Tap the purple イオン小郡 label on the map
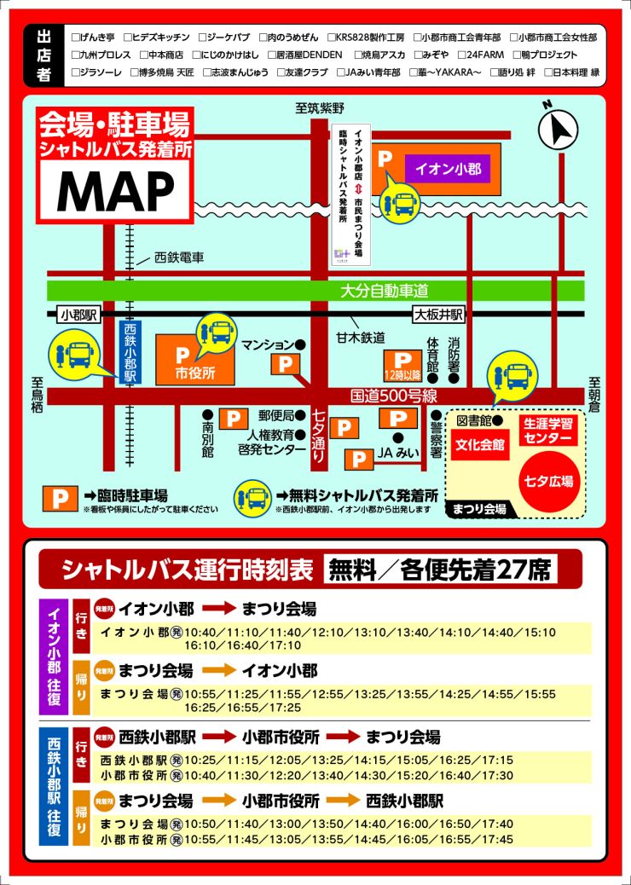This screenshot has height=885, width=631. (x=448, y=168)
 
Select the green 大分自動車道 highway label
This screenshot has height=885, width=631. (x=384, y=292)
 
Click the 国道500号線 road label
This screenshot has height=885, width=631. (x=394, y=396)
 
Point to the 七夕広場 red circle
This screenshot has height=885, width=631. (x=547, y=482)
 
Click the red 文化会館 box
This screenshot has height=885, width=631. (x=480, y=445)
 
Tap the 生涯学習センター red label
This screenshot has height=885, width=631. (x=547, y=431)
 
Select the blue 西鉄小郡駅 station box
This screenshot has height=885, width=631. (x=130, y=352)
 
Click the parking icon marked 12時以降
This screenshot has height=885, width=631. (x=401, y=365)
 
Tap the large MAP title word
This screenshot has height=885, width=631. (x=115, y=191)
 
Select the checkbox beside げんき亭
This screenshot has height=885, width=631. (x=76, y=38)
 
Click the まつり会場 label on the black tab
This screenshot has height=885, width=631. (x=478, y=509)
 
